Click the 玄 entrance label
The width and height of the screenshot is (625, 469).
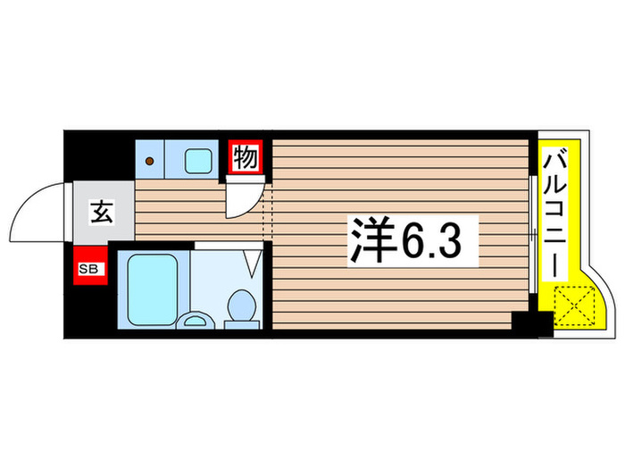click(100, 213)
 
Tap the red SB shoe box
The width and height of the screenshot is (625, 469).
click(89, 268)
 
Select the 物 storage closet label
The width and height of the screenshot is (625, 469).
click(246, 158)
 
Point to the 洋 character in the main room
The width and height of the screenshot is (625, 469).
click(371, 239)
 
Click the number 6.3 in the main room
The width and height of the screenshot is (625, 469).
click(435, 239)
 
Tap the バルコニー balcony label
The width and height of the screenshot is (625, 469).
click(554, 214)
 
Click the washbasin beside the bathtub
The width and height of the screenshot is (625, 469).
click(194, 320)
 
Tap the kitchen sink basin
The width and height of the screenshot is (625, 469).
click(197, 161)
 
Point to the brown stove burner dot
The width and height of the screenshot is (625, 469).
click(151, 162)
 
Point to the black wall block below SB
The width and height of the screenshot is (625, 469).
click(89, 309)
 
